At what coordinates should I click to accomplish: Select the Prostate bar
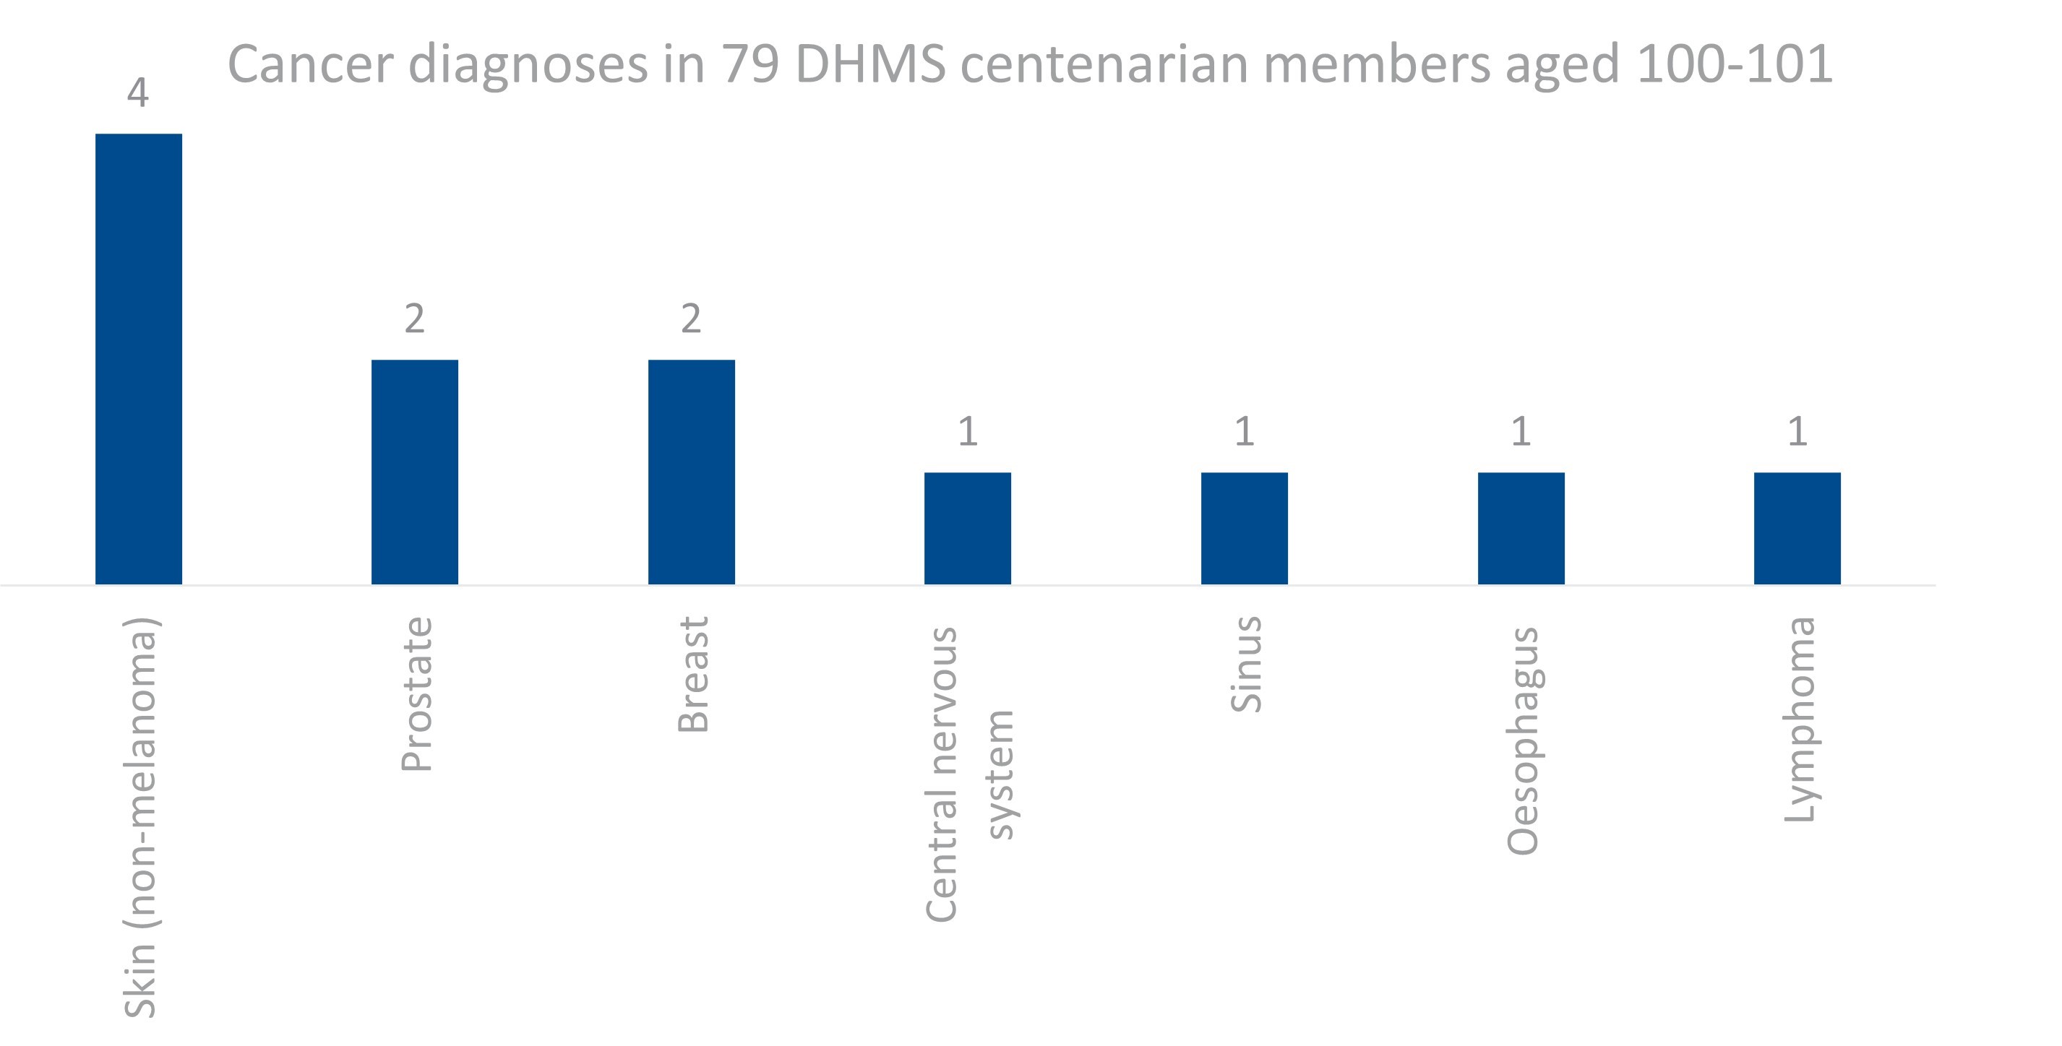pos(415,472)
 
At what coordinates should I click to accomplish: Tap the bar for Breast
pos(692,472)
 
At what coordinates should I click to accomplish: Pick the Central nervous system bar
pos(968,528)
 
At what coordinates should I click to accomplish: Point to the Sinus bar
pos(1244,528)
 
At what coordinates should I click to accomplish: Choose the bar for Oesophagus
pos(1521,528)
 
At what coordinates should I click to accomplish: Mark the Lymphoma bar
pos(1797,528)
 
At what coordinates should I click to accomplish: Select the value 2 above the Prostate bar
pos(415,319)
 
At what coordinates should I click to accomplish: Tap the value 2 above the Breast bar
pos(692,319)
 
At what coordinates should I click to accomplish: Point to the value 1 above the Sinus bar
pos(1244,432)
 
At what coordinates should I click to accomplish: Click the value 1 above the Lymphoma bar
pos(1797,432)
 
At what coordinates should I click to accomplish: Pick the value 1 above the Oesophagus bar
pos(1521,432)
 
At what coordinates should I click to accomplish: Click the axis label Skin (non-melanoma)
pos(140,816)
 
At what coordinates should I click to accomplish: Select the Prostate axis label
pos(416,694)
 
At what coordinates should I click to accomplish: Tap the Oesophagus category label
pos(1523,741)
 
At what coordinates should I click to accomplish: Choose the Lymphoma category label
pos(1800,719)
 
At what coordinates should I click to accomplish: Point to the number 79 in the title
pos(750,64)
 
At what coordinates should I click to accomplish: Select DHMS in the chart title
pos(870,64)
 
